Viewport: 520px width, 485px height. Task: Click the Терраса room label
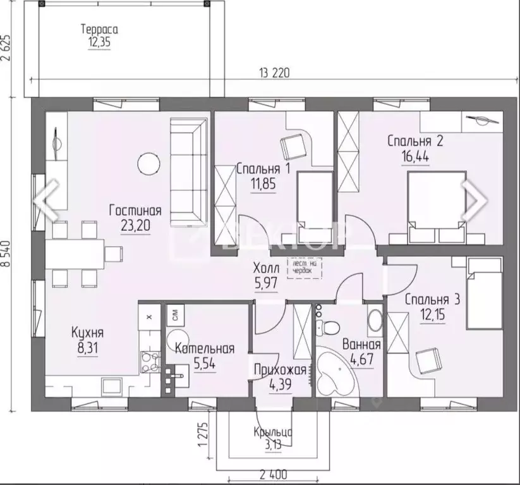tap(100, 30)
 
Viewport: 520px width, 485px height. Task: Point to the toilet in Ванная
tap(329, 326)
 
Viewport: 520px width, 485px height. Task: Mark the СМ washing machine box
tap(175, 312)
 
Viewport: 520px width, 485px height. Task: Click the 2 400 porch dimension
tap(272, 472)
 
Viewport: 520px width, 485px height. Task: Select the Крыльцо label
tap(272, 433)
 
